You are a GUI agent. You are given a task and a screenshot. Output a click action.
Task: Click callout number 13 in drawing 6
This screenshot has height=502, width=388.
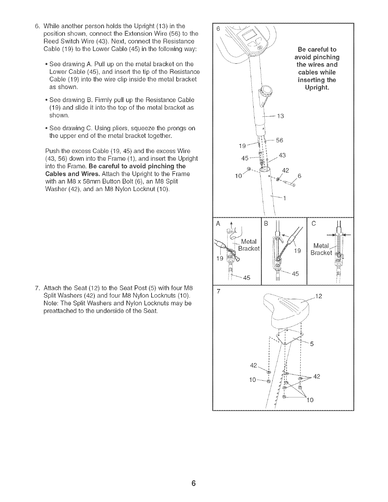pyautogui.click(x=280, y=116)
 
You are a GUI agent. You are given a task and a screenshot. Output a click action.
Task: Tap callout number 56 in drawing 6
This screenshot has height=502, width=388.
pyautogui.click(x=279, y=140)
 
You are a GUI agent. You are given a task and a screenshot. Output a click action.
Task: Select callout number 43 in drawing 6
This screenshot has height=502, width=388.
pyautogui.click(x=282, y=155)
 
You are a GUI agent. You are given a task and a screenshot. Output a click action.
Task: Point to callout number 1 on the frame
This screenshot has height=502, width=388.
pyautogui.click(x=284, y=199)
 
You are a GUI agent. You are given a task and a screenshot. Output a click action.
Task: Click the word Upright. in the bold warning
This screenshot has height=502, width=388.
pyautogui.click(x=317, y=87)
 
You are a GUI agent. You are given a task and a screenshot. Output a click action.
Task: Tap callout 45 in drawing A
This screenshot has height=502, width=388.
pyautogui.click(x=246, y=278)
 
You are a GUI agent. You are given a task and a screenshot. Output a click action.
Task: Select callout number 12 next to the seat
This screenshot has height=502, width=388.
pyautogui.click(x=319, y=296)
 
